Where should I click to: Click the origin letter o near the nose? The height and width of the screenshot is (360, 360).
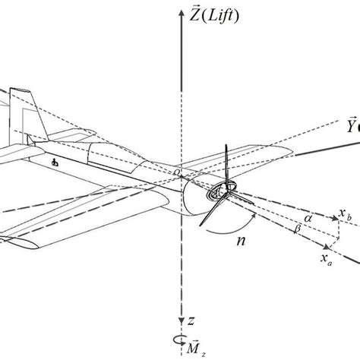point(175,174)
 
